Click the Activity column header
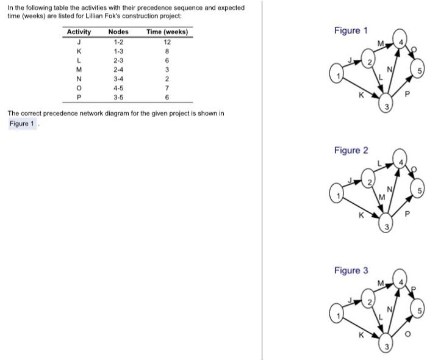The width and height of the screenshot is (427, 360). point(79,32)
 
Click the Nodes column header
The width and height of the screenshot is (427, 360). point(118,32)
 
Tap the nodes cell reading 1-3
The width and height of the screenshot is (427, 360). point(118,51)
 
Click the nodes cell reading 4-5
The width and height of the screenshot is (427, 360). point(118,88)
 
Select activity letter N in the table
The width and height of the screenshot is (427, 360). point(79,79)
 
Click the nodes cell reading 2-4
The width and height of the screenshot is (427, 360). point(118,70)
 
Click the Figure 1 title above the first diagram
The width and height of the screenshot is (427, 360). point(351,31)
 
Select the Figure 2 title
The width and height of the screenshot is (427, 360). point(351,150)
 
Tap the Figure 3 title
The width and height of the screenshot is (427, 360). point(351,270)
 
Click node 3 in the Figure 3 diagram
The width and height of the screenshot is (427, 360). point(386,348)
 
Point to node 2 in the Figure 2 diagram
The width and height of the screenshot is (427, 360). point(368,182)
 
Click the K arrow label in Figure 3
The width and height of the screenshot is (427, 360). point(361,334)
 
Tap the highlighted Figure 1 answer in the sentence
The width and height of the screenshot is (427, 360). point(22,124)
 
